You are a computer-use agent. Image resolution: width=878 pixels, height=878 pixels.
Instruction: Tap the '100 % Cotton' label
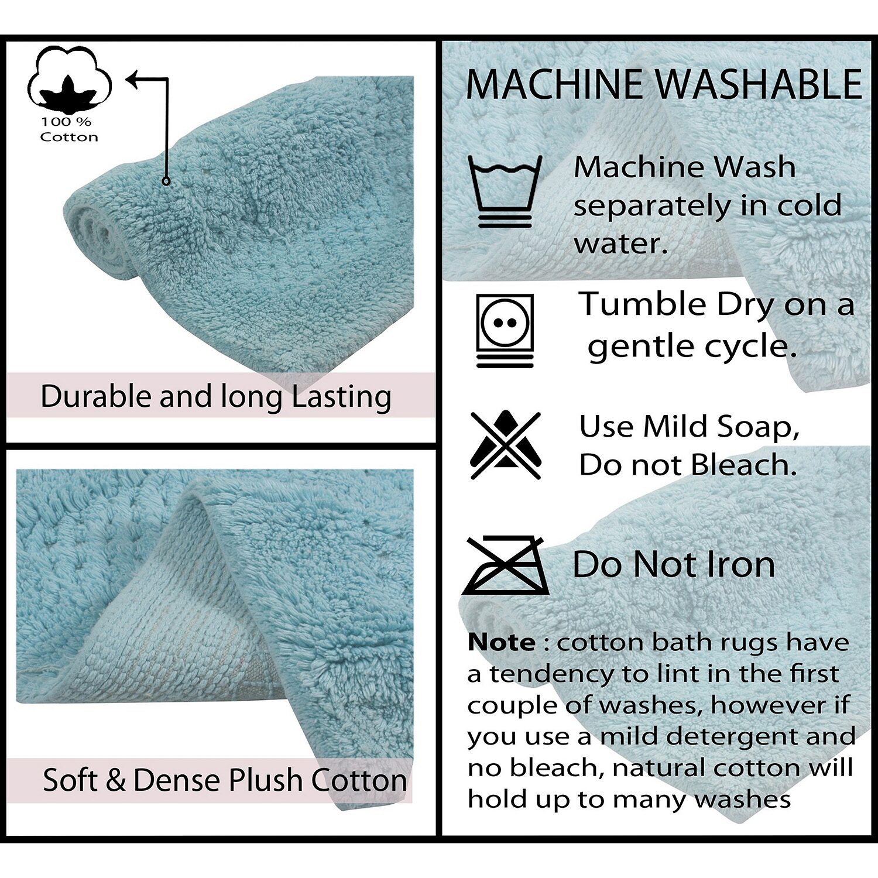point(68,129)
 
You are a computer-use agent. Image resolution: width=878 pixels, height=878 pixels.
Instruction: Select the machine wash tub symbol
point(505,191)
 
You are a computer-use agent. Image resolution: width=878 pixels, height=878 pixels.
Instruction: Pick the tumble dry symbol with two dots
point(505,331)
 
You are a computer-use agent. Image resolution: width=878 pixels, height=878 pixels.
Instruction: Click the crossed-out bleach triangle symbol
point(506,445)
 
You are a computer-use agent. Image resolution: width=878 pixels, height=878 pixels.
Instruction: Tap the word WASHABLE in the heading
point(758,84)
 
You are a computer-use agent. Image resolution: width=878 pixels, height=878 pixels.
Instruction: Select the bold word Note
point(501,643)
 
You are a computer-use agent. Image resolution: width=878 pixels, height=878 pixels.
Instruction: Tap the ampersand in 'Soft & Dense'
point(116,780)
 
